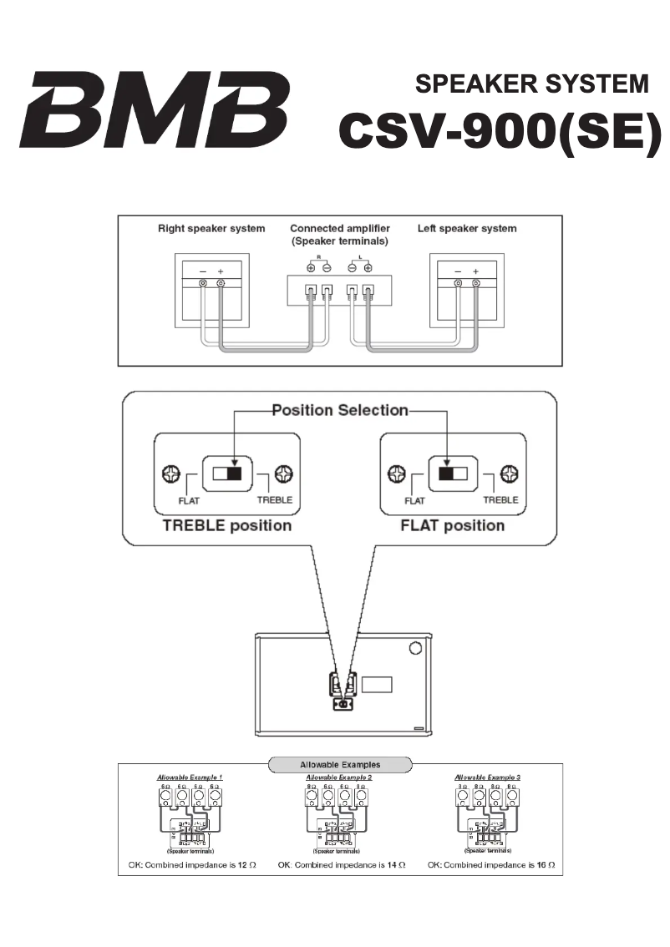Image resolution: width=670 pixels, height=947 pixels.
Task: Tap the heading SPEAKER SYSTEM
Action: pos(531,84)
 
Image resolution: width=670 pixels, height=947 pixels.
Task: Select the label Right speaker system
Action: pos(211,228)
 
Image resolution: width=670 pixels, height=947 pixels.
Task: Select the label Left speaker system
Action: pos(467,228)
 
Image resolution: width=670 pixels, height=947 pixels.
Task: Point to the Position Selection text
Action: pos(339,410)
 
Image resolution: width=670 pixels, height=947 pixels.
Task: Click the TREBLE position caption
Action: pos(227,525)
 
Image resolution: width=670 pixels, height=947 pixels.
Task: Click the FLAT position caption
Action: pos(453,525)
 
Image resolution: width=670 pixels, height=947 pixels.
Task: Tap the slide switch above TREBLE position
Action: pos(226,473)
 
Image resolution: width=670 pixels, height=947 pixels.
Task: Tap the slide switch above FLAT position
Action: pos(453,473)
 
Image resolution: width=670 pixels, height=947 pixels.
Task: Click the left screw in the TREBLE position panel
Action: pos(170,474)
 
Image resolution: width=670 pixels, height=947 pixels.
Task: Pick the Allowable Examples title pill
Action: pos(339,764)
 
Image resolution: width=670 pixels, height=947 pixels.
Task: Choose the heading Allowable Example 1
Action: pos(190,777)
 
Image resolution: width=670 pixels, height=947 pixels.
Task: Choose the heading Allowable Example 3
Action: pos(488,777)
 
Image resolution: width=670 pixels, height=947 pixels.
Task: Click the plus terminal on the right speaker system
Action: pos(221,285)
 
